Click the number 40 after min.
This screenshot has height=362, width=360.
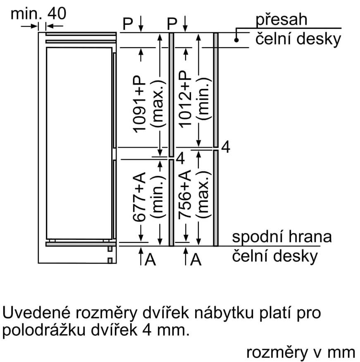[57, 14]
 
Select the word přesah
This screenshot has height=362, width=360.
[281, 19]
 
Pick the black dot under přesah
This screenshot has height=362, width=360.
[236, 40]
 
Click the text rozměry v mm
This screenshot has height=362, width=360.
[300, 352]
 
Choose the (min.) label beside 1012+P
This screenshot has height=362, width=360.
[204, 101]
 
